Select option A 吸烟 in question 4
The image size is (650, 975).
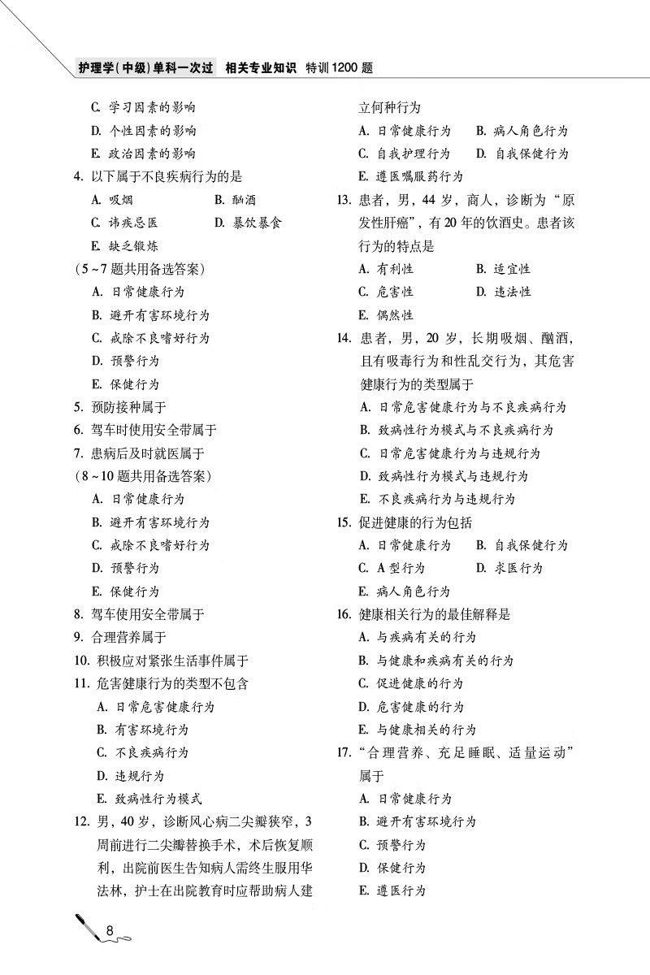point(114,200)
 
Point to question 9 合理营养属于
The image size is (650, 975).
point(120,637)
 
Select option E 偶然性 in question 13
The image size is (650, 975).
point(386,314)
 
